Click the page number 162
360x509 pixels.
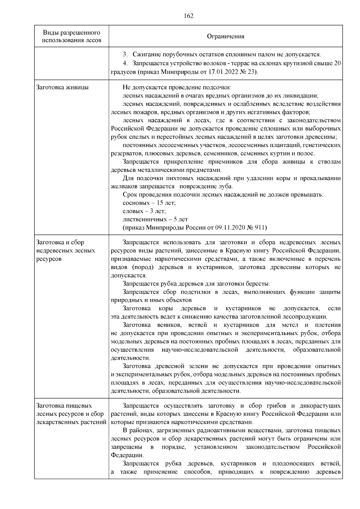pyautogui.click(x=188, y=16)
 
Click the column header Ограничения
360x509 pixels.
pyautogui.click(x=226, y=37)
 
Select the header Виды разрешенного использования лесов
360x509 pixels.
pyautogui.click(x=71, y=36)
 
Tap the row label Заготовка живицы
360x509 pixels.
pyautogui.click(x=62, y=88)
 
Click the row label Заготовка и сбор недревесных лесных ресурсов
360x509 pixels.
pyautogui.click(x=65, y=250)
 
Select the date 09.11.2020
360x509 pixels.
pyautogui.click(x=229, y=228)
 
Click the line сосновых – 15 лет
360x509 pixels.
pyautogui.click(x=149, y=203)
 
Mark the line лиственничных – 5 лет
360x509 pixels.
pyautogui.click(x=155, y=219)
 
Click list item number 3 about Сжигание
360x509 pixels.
pyautogui.click(x=125, y=55)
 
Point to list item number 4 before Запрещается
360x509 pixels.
pyautogui.click(x=125, y=64)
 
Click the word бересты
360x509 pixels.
pyautogui.click(x=258, y=284)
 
